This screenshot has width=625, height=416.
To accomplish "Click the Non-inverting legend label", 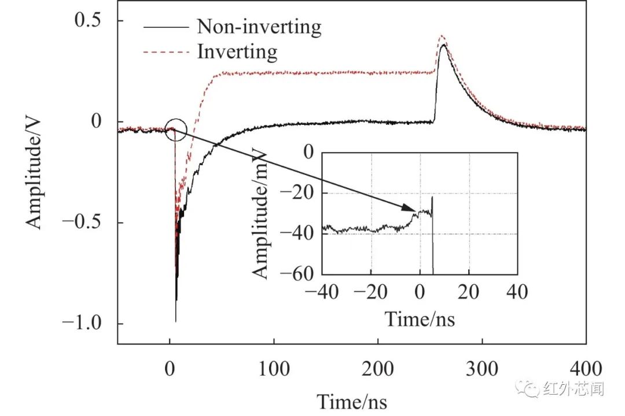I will (259, 27).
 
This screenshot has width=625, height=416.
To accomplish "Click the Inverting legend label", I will (237, 52).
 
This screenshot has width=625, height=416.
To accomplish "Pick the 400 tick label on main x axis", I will (586, 368).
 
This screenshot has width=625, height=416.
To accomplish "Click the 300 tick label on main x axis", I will (481, 368).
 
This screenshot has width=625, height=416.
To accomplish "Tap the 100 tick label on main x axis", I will (274, 368).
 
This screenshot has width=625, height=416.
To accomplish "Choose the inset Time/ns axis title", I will (420, 319).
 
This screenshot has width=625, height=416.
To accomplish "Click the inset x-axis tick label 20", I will (468, 292).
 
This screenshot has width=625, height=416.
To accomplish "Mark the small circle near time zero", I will (176, 130).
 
